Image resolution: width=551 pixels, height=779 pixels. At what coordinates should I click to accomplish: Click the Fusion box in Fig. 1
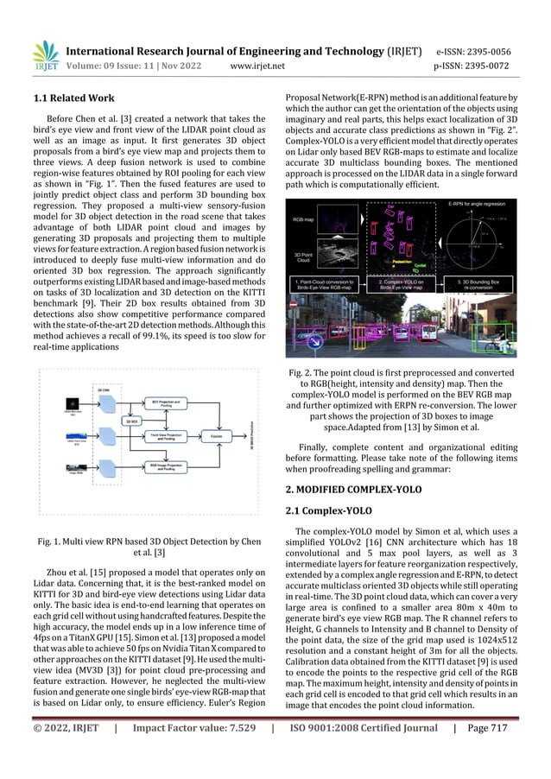pos(216,437)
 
